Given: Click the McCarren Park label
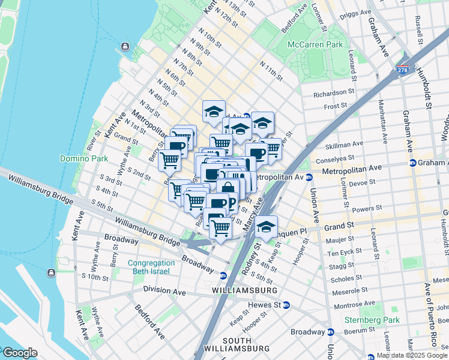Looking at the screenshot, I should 315,44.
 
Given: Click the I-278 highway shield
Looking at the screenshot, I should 403,71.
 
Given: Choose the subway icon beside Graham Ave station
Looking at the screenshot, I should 413,163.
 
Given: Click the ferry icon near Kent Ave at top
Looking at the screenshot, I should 124,46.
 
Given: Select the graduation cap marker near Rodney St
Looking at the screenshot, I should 266,228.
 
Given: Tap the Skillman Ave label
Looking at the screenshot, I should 344,144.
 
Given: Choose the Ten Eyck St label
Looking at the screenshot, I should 346,253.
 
